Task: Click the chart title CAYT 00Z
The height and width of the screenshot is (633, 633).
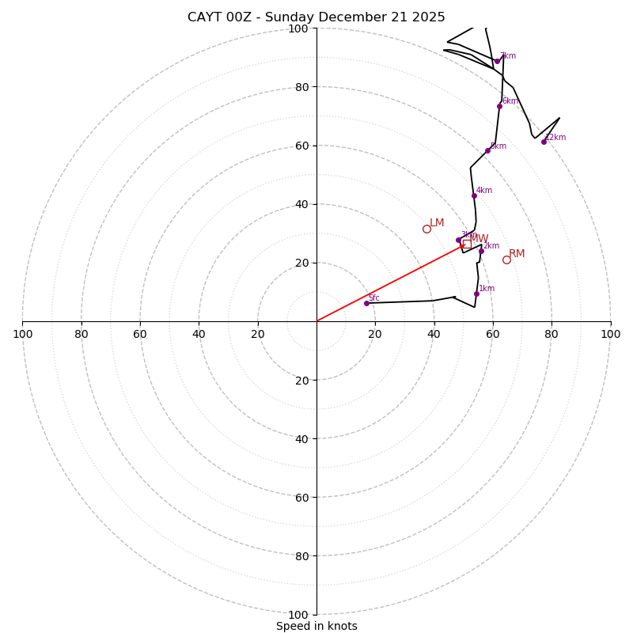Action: point(316,17)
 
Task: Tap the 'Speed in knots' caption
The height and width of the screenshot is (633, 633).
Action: point(316,626)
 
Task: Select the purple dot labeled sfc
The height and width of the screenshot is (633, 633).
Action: point(366,303)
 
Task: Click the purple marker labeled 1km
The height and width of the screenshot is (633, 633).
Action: point(476,294)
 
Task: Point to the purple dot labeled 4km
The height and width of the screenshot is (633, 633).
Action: point(474,195)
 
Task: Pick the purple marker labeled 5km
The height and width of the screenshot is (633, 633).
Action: point(487,150)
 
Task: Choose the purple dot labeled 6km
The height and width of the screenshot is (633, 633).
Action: point(499,106)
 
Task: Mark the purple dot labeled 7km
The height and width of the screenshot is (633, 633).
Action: point(497,61)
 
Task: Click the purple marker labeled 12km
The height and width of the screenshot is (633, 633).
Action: point(544,142)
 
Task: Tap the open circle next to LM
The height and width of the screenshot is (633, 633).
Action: point(426,229)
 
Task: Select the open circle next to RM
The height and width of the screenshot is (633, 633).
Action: point(506,260)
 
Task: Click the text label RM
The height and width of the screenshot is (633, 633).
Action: point(517,254)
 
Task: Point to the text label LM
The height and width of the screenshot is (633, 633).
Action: point(437,223)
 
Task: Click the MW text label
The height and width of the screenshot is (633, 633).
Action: point(479,238)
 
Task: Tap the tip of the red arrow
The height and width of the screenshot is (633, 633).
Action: point(464,245)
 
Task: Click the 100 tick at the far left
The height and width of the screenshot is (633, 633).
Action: point(22,334)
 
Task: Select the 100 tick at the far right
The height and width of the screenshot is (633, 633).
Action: point(610,334)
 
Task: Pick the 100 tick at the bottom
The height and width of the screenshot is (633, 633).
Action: point(298,614)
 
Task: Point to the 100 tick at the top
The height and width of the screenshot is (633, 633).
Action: point(298,28)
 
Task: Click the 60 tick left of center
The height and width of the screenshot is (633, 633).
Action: point(140,334)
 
